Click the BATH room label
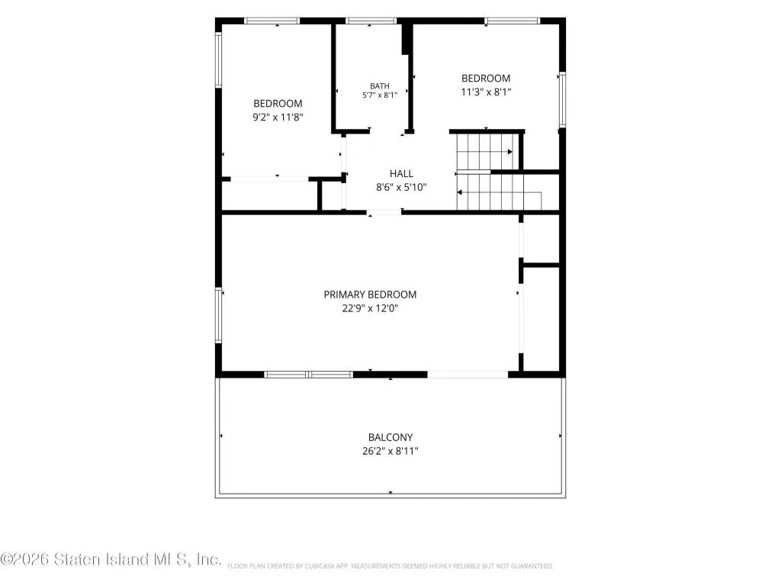(x=380, y=86)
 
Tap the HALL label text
(x=401, y=173)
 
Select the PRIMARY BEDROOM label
(x=370, y=295)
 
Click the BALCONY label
(x=390, y=437)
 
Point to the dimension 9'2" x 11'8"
(x=278, y=117)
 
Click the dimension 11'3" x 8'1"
(x=486, y=92)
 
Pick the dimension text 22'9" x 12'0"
(x=370, y=308)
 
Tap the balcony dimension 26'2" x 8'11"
(x=390, y=452)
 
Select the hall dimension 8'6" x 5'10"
(x=401, y=188)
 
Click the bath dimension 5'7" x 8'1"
(x=380, y=95)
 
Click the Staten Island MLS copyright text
(x=111, y=559)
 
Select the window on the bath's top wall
(x=371, y=21)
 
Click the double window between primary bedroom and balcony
(x=308, y=375)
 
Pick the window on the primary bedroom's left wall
(x=218, y=315)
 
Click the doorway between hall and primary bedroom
(x=384, y=213)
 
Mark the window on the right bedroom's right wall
(x=562, y=100)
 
